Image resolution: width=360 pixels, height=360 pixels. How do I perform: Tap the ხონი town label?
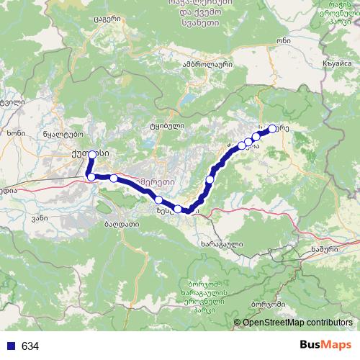click(15, 132)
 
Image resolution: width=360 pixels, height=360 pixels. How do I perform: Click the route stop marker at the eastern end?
click(272, 129)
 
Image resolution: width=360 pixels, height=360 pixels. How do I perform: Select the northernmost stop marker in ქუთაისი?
click(92, 154)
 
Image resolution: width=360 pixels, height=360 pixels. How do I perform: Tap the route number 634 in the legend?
click(30, 346)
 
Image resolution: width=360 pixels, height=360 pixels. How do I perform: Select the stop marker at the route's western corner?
click(91, 176)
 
